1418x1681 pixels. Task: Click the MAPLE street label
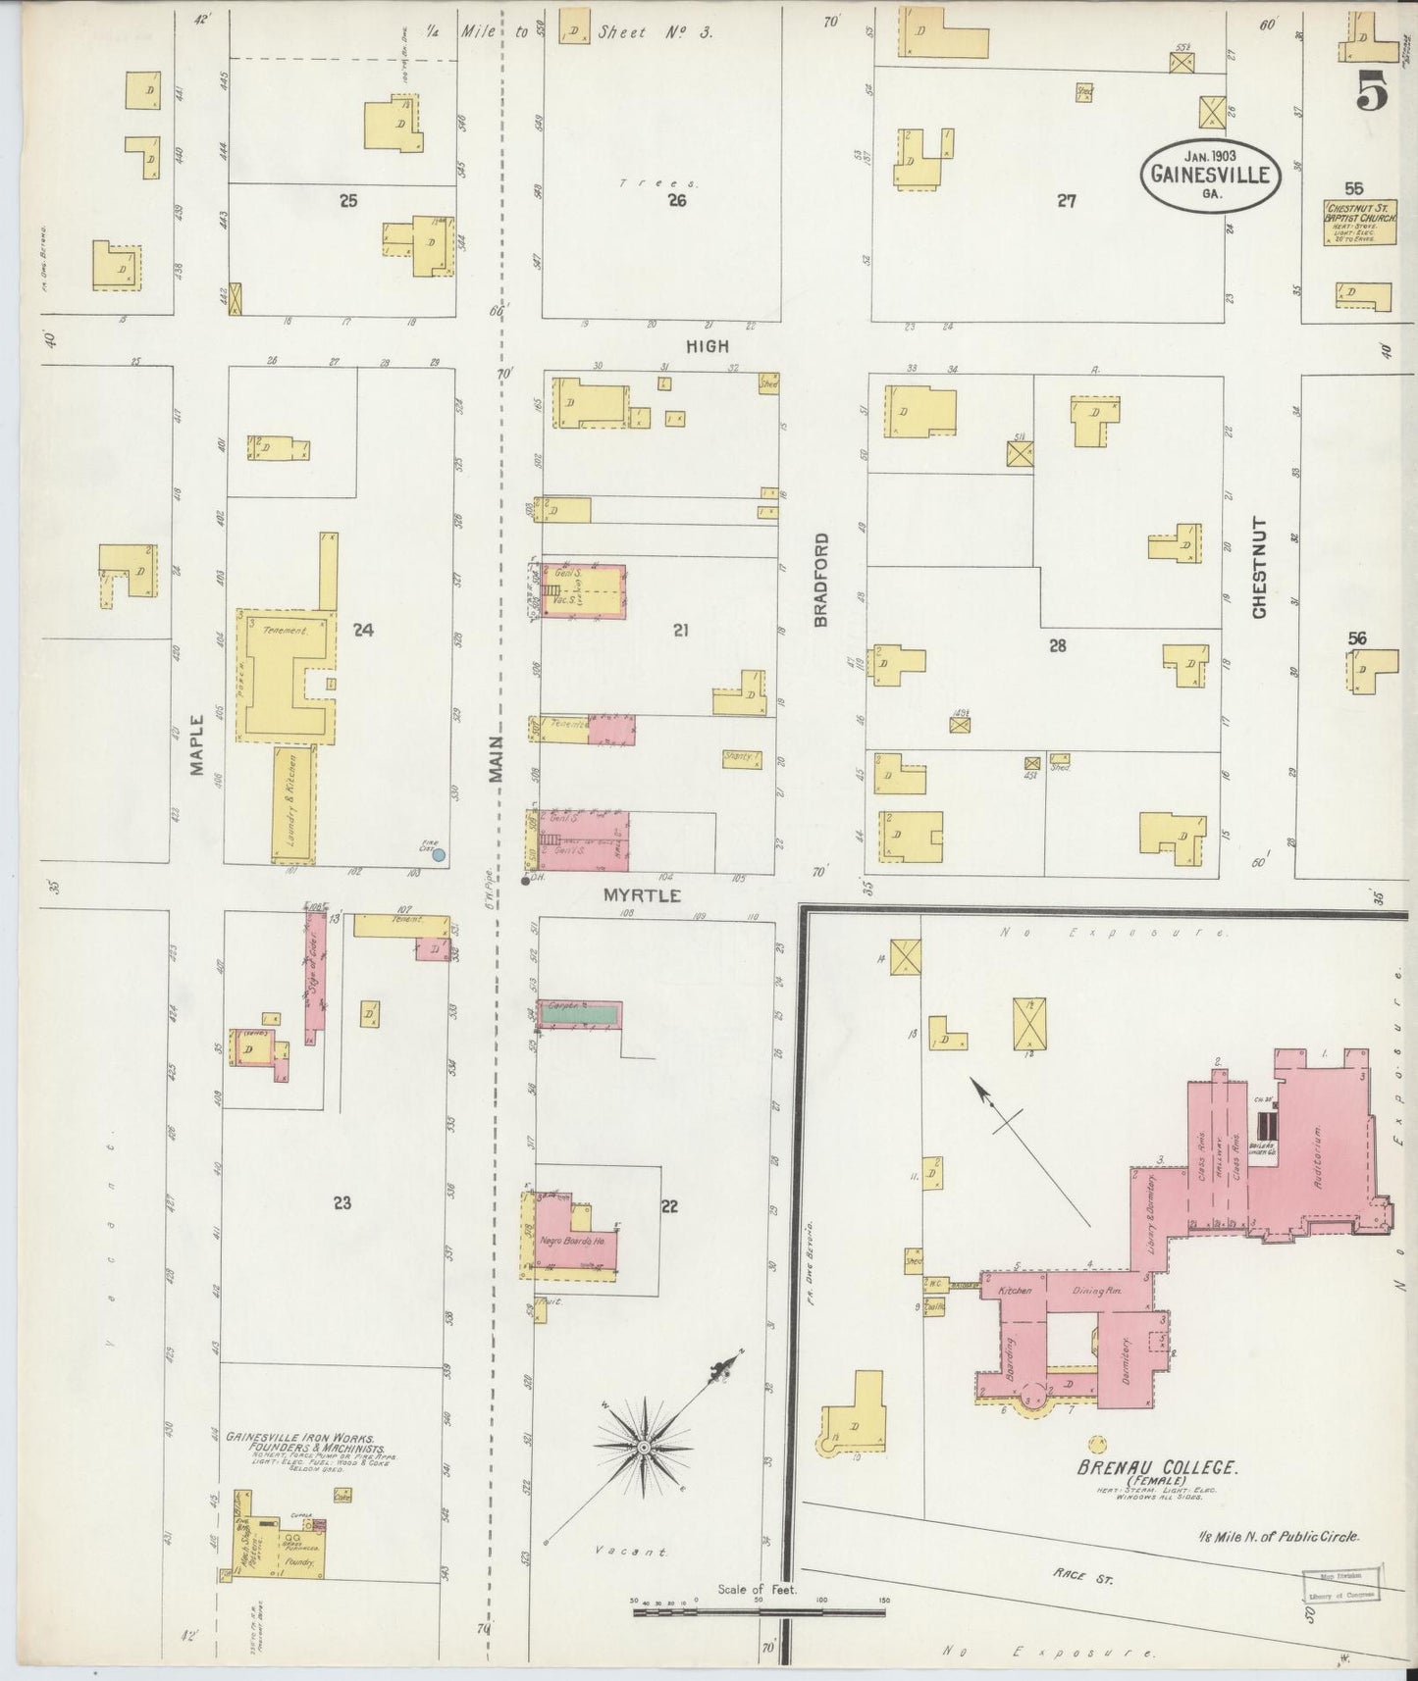click(x=198, y=744)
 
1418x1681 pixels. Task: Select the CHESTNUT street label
click(x=1259, y=568)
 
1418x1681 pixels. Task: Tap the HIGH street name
click(x=708, y=346)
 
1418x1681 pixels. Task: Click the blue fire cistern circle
click(x=440, y=854)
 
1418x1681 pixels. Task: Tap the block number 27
click(x=1067, y=201)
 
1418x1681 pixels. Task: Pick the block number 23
click(x=341, y=1203)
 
